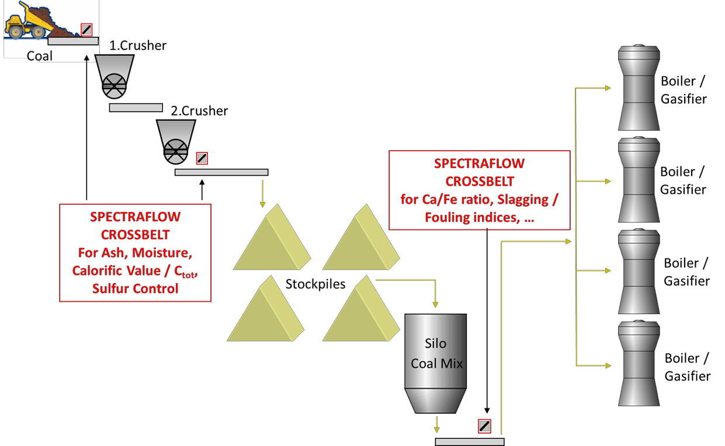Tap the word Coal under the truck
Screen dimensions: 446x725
click(40, 56)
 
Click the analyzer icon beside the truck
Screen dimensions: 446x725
click(86, 29)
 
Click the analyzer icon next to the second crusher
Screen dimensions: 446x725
click(202, 158)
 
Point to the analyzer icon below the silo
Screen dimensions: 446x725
click(484, 426)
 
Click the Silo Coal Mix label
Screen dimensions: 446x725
click(436, 354)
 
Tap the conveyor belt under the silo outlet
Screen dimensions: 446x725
click(469, 442)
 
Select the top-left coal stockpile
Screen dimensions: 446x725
click(271, 240)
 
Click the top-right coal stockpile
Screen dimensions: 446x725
click(360, 240)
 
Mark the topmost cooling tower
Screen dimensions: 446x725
click(639, 88)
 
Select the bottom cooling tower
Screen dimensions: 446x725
click(639, 363)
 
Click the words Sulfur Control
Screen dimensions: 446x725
click(135, 288)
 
